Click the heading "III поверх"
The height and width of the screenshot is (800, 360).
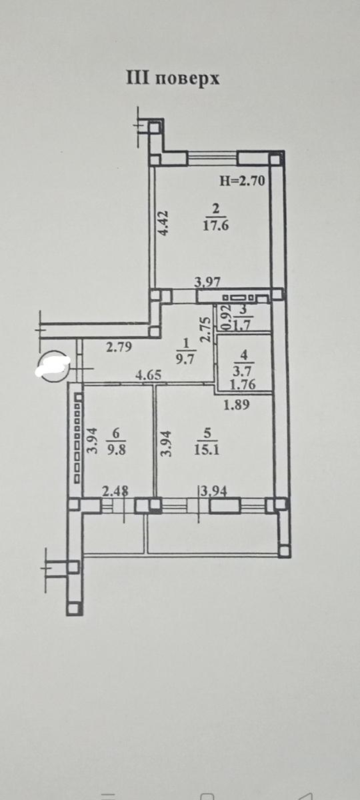[x=173, y=79]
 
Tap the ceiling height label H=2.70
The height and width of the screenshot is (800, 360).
[x=242, y=181]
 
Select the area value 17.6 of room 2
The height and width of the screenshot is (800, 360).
[x=216, y=226]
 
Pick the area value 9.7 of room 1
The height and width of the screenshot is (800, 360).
[x=185, y=358]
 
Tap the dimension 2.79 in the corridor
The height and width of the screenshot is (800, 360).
[x=119, y=347]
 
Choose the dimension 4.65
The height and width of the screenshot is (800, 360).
[x=148, y=375]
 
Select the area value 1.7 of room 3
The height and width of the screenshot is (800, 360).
[x=244, y=326]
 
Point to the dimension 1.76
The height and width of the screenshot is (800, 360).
[x=243, y=385]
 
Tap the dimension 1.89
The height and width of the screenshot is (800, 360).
[x=236, y=405]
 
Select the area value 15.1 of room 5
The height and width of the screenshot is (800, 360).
[x=207, y=449]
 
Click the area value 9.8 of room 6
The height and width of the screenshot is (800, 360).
[x=117, y=449]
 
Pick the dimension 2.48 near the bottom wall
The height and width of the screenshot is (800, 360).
[x=115, y=492]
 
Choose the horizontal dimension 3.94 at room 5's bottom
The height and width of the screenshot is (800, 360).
[x=213, y=492]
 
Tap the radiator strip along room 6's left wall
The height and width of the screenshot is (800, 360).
[x=77, y=438]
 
